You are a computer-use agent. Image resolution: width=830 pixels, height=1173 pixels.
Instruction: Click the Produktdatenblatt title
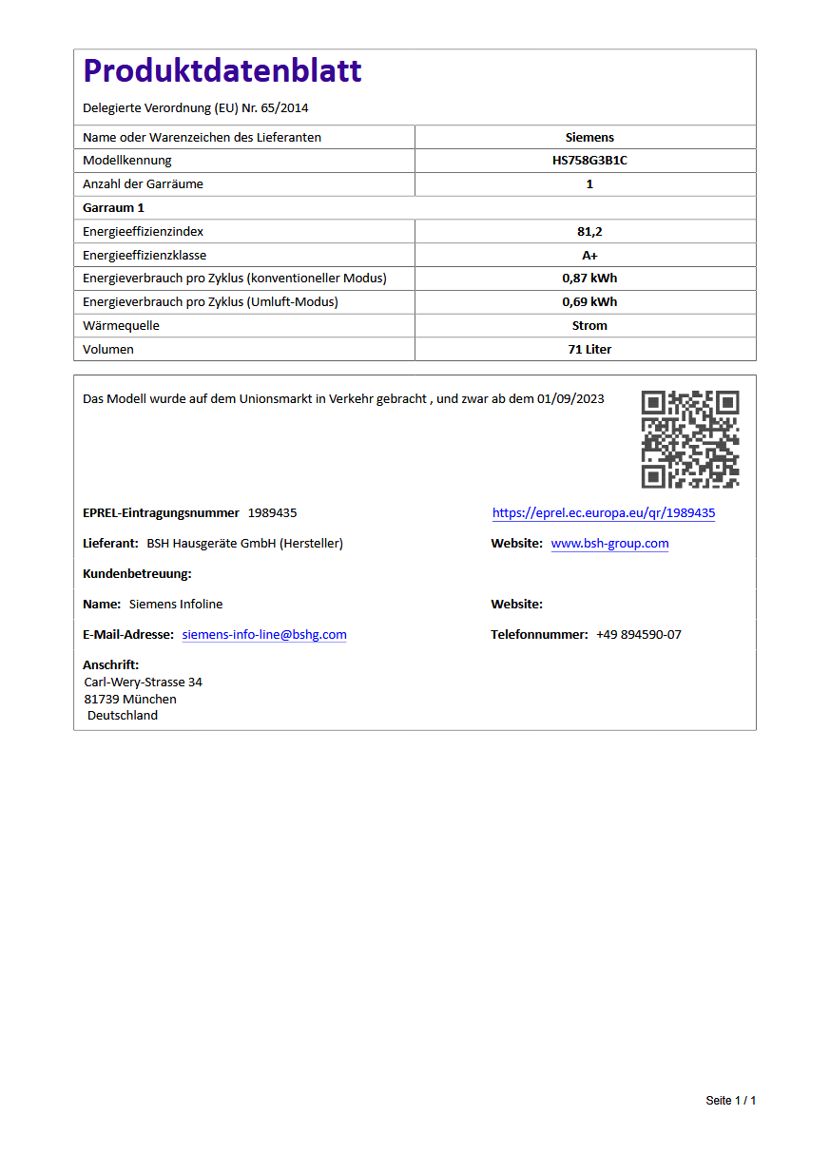222,70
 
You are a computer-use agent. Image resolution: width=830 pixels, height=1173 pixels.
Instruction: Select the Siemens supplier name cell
589,137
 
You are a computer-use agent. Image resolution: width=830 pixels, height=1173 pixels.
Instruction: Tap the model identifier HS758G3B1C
589,161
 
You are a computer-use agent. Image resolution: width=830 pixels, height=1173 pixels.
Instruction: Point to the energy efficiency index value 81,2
589,231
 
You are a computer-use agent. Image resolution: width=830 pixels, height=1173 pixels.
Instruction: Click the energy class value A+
589,255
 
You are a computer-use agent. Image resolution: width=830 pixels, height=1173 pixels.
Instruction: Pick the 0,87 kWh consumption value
589,279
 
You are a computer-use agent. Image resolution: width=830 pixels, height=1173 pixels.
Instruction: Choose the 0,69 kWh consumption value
589,302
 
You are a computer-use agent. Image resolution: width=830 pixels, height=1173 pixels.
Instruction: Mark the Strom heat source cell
589,326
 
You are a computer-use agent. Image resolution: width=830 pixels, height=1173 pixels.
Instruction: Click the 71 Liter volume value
589,350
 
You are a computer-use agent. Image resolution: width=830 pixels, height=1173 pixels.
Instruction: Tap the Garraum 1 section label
113,207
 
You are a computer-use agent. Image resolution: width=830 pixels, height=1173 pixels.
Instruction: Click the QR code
690,439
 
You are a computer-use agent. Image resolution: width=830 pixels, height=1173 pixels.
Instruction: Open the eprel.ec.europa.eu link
603,513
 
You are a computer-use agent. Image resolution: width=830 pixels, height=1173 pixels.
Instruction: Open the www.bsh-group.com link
609,544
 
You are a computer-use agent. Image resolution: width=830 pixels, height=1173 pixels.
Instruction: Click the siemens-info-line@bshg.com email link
264,635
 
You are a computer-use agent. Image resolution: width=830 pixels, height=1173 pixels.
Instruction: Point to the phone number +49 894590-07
638,635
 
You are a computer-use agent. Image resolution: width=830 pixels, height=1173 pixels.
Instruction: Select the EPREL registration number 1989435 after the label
272,513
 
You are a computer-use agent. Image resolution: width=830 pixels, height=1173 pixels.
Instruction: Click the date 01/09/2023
570,399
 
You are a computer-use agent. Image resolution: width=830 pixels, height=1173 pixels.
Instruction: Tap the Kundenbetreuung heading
137,574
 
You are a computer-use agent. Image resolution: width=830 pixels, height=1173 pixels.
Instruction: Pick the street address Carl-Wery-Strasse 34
144,683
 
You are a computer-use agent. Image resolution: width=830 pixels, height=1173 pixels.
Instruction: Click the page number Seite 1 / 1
730,1101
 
